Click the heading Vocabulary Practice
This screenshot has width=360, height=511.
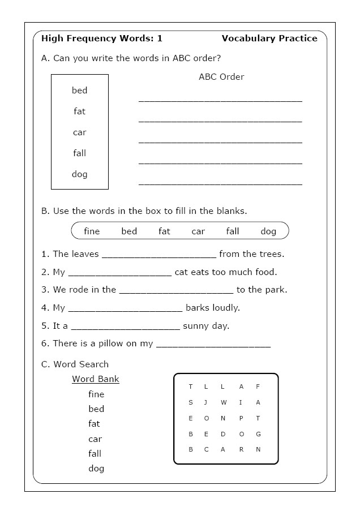point(269,38)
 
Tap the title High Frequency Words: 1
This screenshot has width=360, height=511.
point(102,38)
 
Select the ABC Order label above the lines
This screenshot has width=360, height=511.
point(221,77)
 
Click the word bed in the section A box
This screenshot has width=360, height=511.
point(80,91)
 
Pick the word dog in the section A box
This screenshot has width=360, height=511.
point(80,174)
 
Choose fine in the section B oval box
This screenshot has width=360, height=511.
point(92,231)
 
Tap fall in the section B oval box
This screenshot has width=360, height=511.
point(233,231)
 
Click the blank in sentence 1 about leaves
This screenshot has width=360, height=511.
point(159,255)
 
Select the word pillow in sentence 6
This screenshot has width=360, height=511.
point(122,343)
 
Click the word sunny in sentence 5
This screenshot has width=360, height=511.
point(196,326)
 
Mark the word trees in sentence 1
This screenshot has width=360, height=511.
point(271,254)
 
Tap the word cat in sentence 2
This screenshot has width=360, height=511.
point(181,272)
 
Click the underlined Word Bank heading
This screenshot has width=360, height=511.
point(96,379)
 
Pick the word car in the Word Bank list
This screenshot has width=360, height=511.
point(95,439)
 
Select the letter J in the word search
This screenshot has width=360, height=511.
point(206,402)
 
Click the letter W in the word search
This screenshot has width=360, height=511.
point(224,402)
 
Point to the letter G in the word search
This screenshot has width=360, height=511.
point(258,434)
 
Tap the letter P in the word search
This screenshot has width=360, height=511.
point(241,418)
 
